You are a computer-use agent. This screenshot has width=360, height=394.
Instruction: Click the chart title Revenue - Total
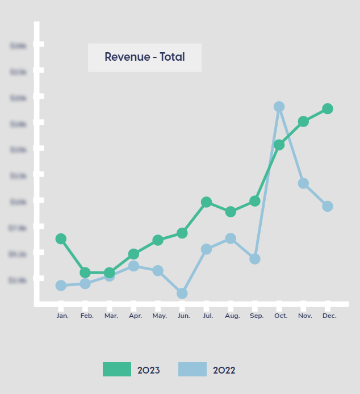pos(145,57)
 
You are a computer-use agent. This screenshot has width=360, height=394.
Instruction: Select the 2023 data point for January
pos(61,239)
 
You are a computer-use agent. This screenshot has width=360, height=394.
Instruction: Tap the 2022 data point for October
pos(279,107)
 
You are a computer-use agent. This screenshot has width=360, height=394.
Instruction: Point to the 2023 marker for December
pos(328,108)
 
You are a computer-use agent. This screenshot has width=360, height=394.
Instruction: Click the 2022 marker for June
pos(182,294)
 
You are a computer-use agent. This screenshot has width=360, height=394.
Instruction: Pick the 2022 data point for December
pos(328,206)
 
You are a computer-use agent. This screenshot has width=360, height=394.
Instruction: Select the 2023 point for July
pos(206,202)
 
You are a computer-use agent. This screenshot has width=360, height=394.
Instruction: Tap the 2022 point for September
pos(255,259)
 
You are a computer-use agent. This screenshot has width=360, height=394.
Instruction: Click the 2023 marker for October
pos(279,145)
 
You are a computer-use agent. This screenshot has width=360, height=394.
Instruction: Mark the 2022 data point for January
pos(61,286)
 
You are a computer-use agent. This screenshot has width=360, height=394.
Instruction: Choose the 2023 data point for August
pos(231,212)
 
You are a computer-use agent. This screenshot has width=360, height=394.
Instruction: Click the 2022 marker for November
pos(303,183)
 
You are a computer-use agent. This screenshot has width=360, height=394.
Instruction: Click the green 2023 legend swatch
pos(117,370)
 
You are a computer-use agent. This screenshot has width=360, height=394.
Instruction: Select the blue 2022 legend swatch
pos(192,370)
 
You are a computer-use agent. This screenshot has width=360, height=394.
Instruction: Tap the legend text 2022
pos(224,371)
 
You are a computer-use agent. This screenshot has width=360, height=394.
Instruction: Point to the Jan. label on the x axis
pos(62,316)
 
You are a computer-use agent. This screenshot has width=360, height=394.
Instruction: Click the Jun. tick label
pos(184,316)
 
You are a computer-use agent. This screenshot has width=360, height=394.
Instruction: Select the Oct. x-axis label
pos(281,316)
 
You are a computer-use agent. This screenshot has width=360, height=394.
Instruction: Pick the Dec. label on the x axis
pos(329,316)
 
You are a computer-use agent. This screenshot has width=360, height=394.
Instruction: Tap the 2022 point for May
pos(158,271)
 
